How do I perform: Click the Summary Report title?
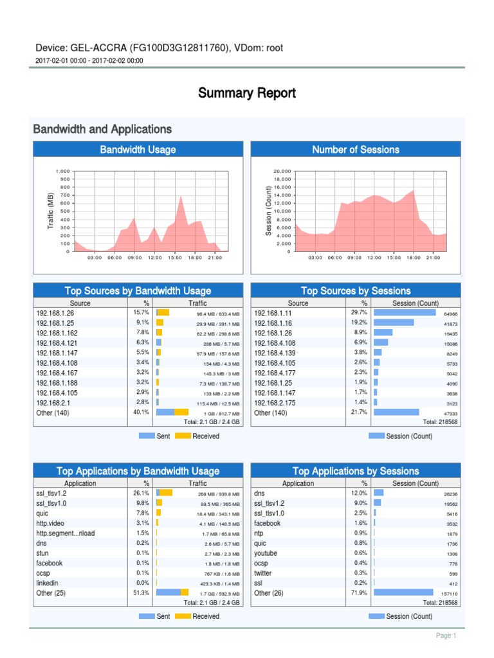pyautogui.click(x=247, y=93)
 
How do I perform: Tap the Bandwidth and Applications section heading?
pyautogui.click(x=102, y=129)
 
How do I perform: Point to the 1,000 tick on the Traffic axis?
pyautogui.click(x=62, y=172)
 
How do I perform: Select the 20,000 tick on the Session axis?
pyautogui.click(x=282, y=172)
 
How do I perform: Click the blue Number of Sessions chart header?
pyautogui.click(x=356, y=150)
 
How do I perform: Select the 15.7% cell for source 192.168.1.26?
pyautogui.click(x=141, y=313)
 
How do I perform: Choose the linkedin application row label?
pyautogui.click(x=47, y=583)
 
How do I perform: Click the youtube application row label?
pyautogui.click(x=266, y=553)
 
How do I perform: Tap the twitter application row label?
pyautogui.click(x=263, y=573)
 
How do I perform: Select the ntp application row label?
pyautogui.click(x=259, y=533)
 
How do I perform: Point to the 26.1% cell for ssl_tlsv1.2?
pyautogui.click(x=141, y=493)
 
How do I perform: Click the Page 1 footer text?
pyautogui.click(x=446, y=636)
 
